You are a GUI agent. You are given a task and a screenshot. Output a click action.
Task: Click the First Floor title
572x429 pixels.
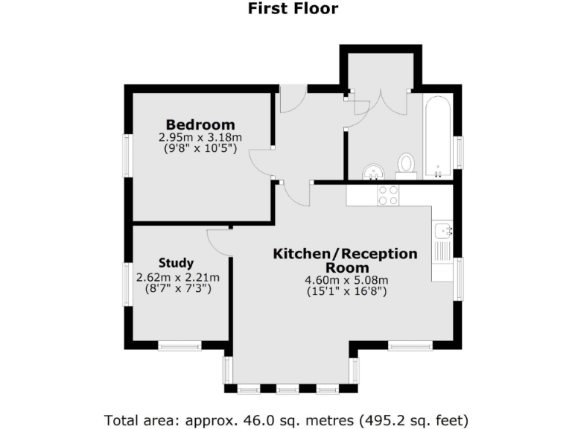click(x=292, y=9)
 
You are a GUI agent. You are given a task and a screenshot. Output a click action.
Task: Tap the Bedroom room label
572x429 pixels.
click(x=200, y=124)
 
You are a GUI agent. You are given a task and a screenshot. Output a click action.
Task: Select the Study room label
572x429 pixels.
click(x=176, y=263)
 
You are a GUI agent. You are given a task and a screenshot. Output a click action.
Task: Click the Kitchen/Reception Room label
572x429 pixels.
click(x=346, y=261)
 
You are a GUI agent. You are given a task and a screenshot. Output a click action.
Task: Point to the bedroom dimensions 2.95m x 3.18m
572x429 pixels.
click(x=200, y=138)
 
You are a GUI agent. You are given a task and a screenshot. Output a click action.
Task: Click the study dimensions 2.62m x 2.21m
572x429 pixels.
click(x=178, y=277)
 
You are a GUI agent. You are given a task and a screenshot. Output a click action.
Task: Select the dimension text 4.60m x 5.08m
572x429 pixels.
click(x=347, y=280)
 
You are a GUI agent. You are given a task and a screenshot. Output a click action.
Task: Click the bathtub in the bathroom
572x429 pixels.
click(x=438, y=137)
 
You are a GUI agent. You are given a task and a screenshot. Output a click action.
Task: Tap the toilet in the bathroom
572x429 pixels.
click(x=406, y=165)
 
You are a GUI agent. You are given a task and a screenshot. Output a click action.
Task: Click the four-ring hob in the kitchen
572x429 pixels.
click(x=388, y=195)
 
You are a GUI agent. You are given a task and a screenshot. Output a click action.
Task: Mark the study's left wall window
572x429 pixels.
click(x=128, y=284)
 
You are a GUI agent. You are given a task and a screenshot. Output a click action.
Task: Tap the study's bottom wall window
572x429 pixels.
click(x=179, y=346)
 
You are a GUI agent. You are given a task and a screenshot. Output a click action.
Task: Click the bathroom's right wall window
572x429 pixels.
click(x=459, y=153)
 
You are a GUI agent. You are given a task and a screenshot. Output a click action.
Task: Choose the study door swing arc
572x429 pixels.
click(x=219, y=240)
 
